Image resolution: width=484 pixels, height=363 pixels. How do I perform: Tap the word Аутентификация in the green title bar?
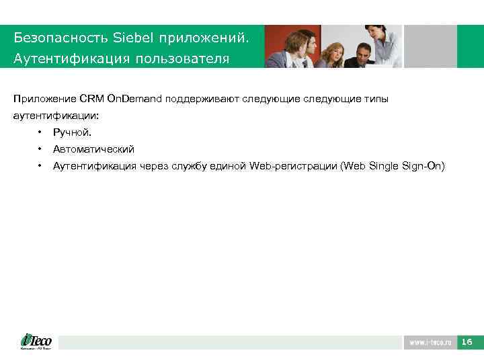[x=69, y=59]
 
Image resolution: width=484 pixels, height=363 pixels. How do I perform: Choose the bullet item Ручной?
[x=72, y=132]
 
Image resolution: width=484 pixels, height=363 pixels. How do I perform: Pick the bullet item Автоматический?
[x=93, y=149]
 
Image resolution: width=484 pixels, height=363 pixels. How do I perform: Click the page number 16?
[x=467, y=343]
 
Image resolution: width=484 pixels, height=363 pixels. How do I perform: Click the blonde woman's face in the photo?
[x=333, y=52]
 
